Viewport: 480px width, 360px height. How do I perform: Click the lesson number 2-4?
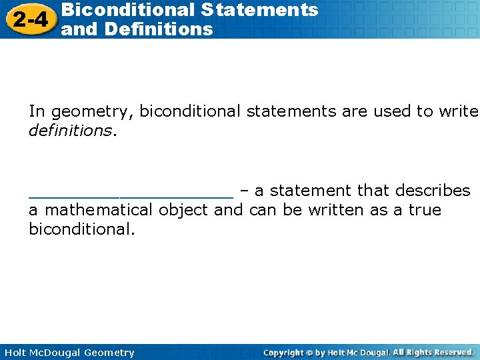click(29, 19)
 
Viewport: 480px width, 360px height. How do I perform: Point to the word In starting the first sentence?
click(37, 111)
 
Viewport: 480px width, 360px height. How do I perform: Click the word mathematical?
click(99, 210)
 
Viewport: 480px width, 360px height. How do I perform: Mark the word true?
click(425, 210)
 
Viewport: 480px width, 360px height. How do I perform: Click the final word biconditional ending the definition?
click(81, 230)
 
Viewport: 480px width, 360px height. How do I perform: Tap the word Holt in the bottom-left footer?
click(15, 353)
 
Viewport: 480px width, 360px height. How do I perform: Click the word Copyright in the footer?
click(284, 353)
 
